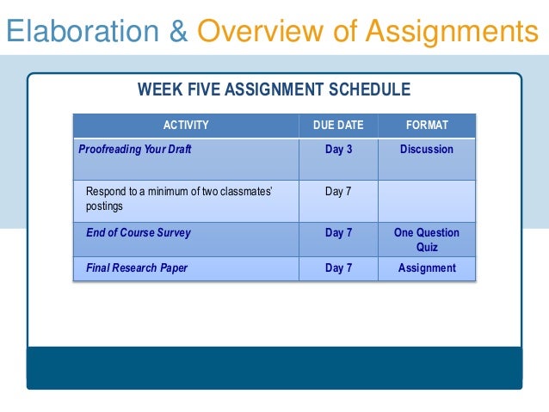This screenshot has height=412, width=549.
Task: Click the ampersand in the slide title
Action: [178, 32]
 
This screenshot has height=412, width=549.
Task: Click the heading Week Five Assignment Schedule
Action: [274, 89]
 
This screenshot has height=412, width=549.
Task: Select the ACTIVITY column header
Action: [186, 126]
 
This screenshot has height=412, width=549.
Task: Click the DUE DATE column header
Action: [338, 126]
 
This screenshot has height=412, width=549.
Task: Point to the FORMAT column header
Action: [427, 126]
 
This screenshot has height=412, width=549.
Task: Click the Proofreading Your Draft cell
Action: [135, 149]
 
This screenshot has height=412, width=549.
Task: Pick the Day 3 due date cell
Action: [338, 149]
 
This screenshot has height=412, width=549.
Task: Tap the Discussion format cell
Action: [427, 149]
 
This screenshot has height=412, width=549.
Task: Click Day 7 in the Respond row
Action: [338, 191]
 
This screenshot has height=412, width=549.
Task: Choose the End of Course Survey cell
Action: [139, 232]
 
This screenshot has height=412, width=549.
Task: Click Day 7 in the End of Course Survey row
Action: [338, 232]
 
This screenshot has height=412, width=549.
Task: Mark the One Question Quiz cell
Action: [427, 239]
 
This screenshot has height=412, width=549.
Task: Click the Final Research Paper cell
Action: [137, 267]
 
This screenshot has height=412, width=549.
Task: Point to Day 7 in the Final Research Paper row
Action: [338, 267]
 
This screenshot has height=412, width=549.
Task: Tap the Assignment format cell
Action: [427, 267]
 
